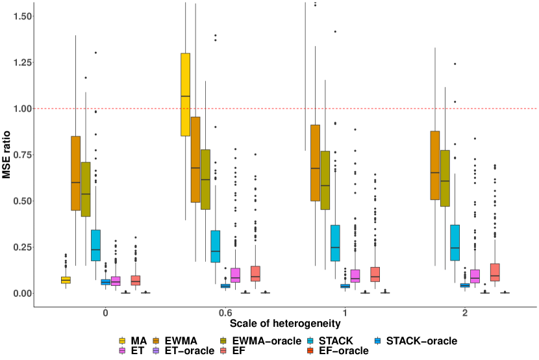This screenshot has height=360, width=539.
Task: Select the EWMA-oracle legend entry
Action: [267, 341]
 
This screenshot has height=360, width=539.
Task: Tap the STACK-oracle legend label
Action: [421, 341]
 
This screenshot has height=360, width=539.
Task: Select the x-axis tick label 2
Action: [465, 313]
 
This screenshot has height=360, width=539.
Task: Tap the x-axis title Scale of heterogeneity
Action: [284, 323]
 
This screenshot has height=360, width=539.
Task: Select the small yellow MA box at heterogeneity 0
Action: [66, 279]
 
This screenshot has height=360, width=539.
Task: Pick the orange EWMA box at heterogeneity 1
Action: [316, 162]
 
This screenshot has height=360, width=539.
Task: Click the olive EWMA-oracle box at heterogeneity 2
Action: [445, 178]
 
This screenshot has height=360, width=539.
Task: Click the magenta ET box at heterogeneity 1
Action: [355, 276]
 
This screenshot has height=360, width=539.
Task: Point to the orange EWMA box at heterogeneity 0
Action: [75, 173]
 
